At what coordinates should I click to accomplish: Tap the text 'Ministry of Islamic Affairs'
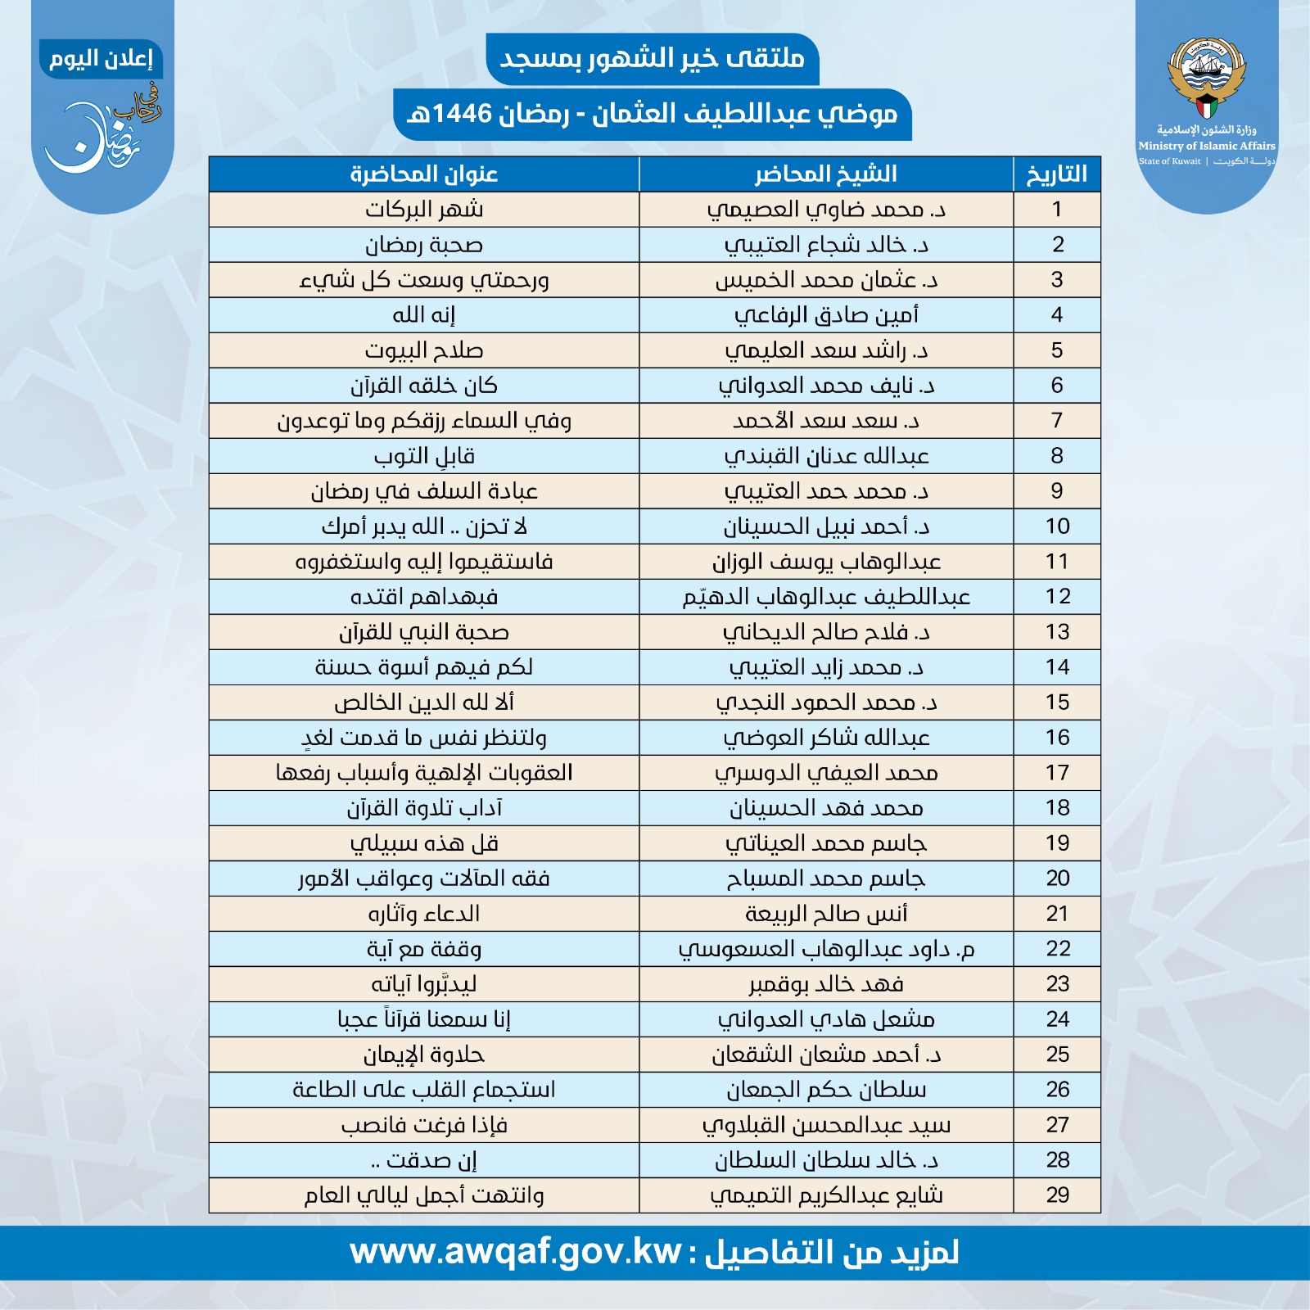pyautogui.click(x=1206, y=146)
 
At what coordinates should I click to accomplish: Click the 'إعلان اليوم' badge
pyautogui.click(x=101, y=59)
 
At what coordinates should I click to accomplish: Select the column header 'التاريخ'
pyautogui.click(x=1056, y=174)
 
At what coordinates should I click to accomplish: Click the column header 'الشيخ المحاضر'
pyautogui.click(x=825, y=174)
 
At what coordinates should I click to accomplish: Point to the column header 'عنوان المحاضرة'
pyautogui.click(x=423, y=174)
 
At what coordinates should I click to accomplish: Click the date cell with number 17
pyautogui.click(x=1057, y=773)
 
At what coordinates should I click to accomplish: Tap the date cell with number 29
pyautogui.click(x=1057, y=1195)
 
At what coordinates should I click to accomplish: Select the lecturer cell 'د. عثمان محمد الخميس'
pyautogui.click(x=825, y=280)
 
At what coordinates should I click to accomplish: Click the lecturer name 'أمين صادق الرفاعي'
pyautogui.click(x=825, y=315)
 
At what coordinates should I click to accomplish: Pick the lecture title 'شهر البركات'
pyautogui.click(x=423, y=210)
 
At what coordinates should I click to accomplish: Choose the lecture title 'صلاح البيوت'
pyautogui.click(x=423, y=350)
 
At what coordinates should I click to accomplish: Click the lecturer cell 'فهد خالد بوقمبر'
pyautogui.click(x=825, y=984)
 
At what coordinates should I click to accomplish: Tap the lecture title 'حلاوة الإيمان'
pyautogui.click(x=423, y=1055)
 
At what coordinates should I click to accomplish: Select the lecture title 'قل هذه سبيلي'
pyautogui.click(x=423, y=843)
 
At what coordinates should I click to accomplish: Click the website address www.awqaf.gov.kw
pyautogui.click(x=516, y=1252)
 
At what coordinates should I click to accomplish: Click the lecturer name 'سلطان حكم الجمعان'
pyautogui.click(x=825, y=1090)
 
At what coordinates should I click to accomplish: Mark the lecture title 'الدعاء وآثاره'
pyautogui.click(x=423, y=914)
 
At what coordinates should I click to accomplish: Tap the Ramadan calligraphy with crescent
pyautogui.click(x=102, y=131)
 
